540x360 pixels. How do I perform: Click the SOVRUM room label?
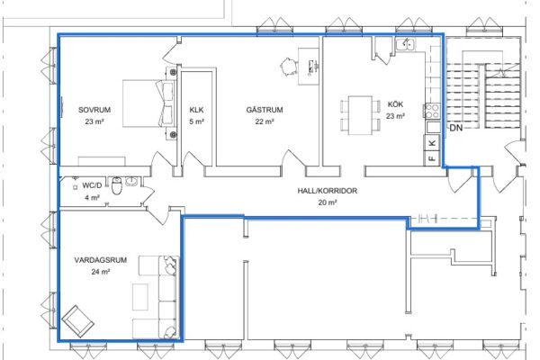coord(94,110)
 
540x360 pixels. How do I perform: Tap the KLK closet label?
coord(196,110)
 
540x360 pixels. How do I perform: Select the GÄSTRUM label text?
coord(265,110)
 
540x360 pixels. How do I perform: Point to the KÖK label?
coord(395,104)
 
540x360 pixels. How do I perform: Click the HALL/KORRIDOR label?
coord(328,191)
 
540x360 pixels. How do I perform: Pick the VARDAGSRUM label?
coord(101,260)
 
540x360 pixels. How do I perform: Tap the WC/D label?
coord(92,185)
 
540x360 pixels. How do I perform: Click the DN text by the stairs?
coord(456,128)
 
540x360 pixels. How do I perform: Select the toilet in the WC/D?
coord(117,186)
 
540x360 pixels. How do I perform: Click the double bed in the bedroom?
coord(148,103)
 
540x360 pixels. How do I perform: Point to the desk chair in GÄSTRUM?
coord(288,66)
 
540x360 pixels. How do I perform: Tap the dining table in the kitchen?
coord(360,115)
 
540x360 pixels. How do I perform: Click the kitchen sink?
coord(405,44)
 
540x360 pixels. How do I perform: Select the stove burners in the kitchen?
coord(432,111)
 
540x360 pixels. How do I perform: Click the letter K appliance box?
coord(432,142)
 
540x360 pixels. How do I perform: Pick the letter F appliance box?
coord(432,158)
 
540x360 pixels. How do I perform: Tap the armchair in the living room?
coord(77,321)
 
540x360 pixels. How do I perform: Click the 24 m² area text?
coord(101,272)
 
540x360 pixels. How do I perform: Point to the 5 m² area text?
coord(196,121)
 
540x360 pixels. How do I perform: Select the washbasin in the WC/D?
coord(132,181)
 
